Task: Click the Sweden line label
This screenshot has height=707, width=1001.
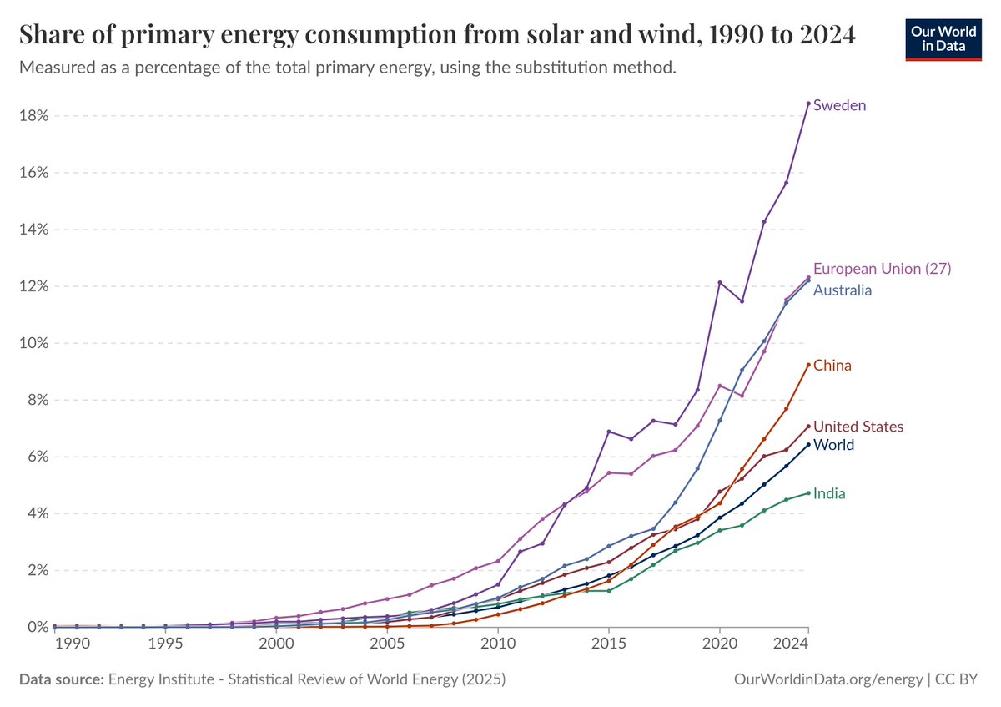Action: coord(839,105)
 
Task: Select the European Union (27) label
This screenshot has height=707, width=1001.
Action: coord(882,269)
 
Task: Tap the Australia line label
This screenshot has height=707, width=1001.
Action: coord(843,290)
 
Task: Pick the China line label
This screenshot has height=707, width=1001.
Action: coord(832,366)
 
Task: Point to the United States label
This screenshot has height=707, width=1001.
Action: coord(858,427)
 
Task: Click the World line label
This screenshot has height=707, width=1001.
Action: coord(833,445)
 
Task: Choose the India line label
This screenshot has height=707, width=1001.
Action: coord(829,493)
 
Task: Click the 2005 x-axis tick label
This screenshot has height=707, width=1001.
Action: coord(387,645)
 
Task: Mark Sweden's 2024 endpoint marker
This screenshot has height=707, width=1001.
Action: coord(808,104)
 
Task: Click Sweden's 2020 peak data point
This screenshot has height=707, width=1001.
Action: coord(720,283)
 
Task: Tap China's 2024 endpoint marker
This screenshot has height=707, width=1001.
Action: coord(808,365)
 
